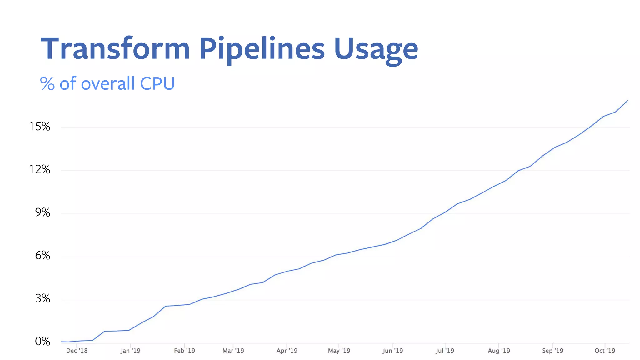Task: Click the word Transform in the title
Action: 115,49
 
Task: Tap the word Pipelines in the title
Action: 262,49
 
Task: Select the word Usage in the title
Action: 376,50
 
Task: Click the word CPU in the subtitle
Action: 157,84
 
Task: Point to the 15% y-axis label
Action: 40,127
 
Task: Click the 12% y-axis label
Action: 40,170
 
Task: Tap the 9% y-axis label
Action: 42,213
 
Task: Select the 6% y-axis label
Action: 42,256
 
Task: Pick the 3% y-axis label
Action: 42,299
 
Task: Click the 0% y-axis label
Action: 42,342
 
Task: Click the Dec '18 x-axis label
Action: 77,351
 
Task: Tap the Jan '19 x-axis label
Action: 131,351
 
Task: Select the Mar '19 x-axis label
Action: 233,351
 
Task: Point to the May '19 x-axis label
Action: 339,351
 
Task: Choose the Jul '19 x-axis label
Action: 445,351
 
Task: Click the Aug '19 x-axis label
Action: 499,351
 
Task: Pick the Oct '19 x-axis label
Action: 605,351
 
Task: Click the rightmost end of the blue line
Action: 627,101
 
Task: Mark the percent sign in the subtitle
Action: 47,84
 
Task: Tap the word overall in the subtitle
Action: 108,84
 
